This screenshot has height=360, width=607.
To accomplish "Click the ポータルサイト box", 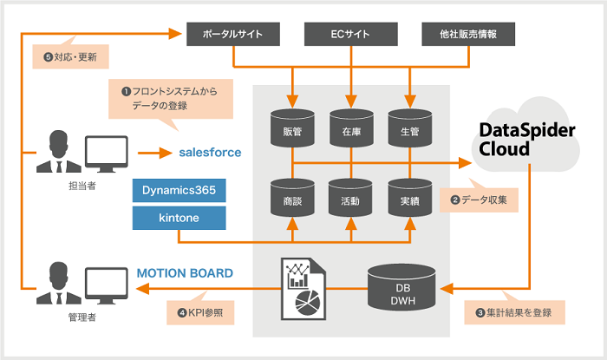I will tap(234, 35).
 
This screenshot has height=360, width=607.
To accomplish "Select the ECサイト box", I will tap(350, 35).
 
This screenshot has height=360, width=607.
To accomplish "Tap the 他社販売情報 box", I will tap(467, 35).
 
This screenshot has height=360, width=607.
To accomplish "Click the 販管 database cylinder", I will tap(292, 128).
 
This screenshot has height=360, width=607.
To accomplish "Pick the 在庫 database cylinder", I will tap(350, 128).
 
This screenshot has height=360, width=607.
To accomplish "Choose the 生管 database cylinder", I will tap(408, 128).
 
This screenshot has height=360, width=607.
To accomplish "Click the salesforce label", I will tap(210, 152).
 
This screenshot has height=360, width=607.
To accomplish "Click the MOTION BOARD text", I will tap(185, 273).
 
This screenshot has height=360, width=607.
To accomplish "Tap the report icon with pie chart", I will tap(303, 286).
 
